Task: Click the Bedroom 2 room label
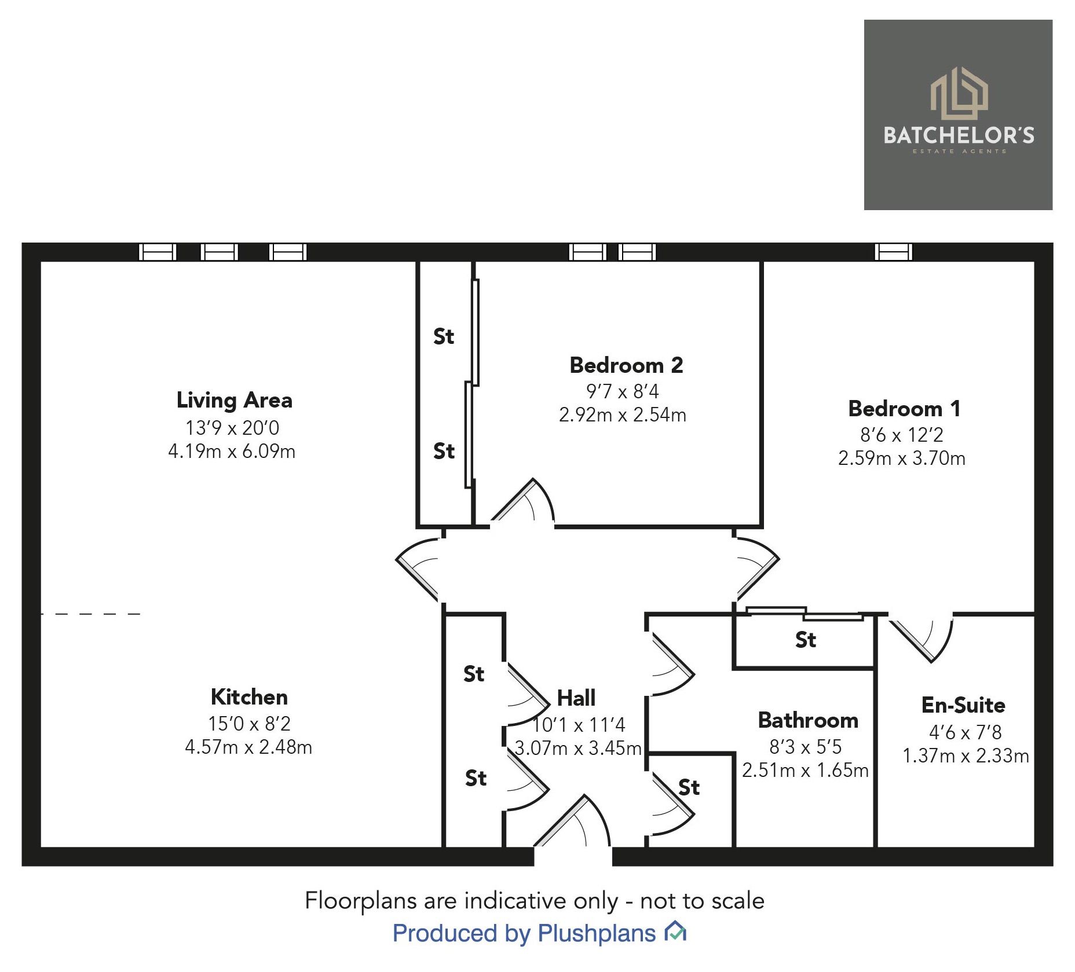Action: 626,365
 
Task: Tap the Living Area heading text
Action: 234,400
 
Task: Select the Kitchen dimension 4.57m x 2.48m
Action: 248,747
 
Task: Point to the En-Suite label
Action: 963,705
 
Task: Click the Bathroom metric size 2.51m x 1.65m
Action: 805,770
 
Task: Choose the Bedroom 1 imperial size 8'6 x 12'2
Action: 901,434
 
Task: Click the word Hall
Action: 576,698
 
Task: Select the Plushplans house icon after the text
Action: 675,932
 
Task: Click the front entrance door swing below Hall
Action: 573,822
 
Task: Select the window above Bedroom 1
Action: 893,252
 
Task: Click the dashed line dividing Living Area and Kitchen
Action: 90,614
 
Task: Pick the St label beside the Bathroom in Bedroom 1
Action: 805,640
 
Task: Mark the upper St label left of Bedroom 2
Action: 444,336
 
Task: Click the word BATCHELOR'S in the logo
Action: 958,135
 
